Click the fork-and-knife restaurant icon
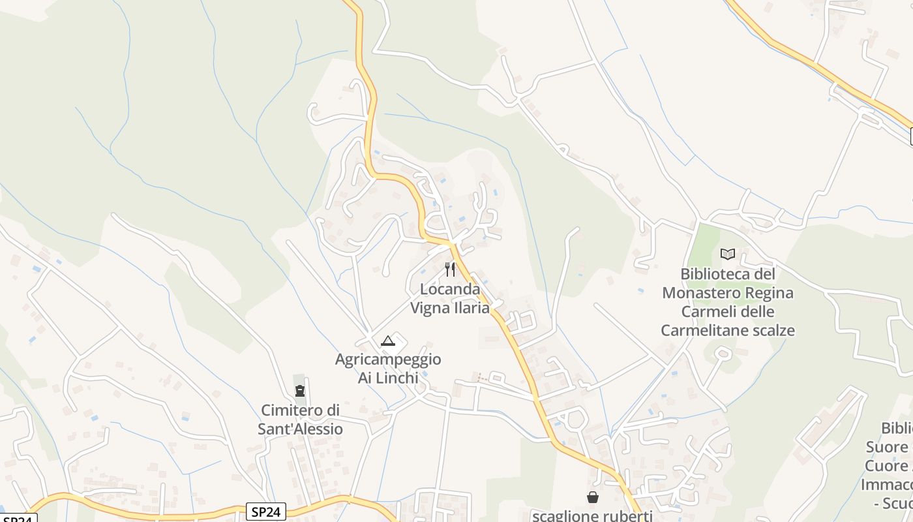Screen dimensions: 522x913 click(x=450, y=269)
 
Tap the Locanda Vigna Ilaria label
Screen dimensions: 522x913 click(x=450, y=298)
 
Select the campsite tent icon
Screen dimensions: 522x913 click(x=388, y=340)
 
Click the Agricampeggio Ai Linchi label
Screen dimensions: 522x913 click(x=388, y=368)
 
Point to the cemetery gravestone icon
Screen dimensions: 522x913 click(x=300, y=391)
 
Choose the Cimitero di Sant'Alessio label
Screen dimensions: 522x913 click(x=300, y=420)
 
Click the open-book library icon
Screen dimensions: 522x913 click(x=728, y=254)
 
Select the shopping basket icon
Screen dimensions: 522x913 click(x=593, y=497)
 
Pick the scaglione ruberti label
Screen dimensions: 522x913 click(x=592, y=515)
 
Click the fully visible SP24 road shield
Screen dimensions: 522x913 click(x=266, y=512)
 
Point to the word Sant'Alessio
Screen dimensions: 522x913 click(x=300, y=429)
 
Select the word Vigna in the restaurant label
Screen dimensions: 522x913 click(x=429, y=308)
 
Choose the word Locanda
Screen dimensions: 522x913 click(x=450, y=288)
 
